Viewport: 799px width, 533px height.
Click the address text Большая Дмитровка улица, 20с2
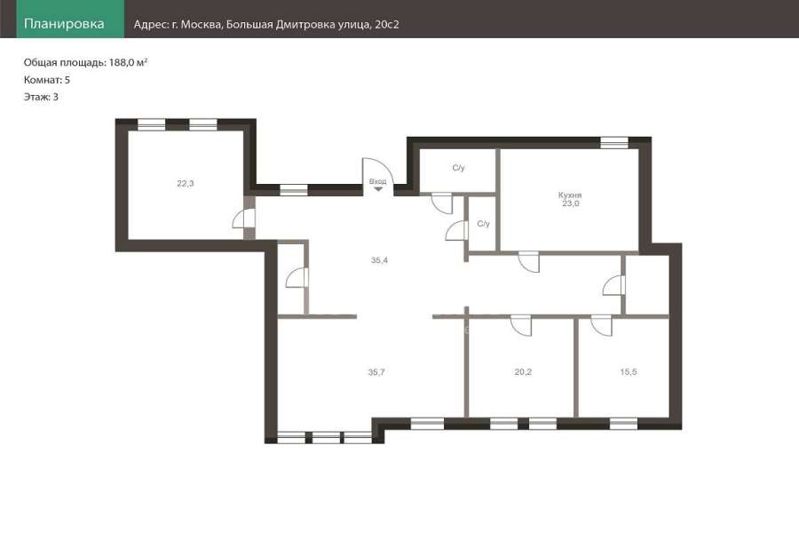click(312, 25)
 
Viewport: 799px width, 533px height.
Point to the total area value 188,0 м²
click(129, 62)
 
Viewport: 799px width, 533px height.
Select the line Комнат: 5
click(47, 80)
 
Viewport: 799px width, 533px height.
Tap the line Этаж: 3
click(41, 97)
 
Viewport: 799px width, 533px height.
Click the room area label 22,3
click(186, 184)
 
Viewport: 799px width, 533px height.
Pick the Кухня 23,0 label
click(570, 199)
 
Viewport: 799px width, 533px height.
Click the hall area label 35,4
click(379, 260)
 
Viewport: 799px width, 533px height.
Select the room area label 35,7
click(376, 372)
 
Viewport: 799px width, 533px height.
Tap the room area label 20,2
click(523, 372)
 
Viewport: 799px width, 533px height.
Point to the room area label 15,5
click(629, 372)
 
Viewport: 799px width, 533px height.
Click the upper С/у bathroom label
click(459, 168)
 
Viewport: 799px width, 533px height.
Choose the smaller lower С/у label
click(484, 223)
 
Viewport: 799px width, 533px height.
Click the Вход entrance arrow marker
click(378, 189)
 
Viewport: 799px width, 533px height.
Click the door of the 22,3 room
click(244, 219)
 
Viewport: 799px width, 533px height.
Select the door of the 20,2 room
click(521, 326)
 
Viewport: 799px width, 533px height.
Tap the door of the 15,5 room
click(601, 326)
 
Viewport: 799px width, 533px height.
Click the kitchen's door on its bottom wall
click(529, 262)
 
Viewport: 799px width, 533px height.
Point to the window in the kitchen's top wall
click(614, 143)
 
